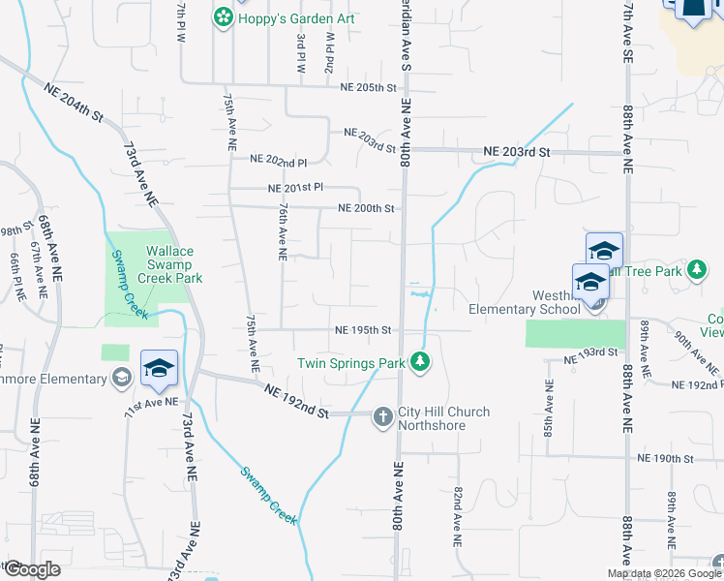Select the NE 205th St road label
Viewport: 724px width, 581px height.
click(x=369, y=87)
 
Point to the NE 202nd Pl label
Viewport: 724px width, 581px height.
click(x=278, y=159)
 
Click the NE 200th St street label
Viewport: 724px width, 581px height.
click(x=366, y=208)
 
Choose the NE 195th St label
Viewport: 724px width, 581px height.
click(x=363, y=330)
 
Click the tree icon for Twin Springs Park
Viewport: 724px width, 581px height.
click(x=419, y=362)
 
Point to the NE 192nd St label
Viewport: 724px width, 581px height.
click(x=296, y=400)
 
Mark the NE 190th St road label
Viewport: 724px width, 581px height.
click(x=665, y=457)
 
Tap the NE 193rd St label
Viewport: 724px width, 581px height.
click(x=591, y=351)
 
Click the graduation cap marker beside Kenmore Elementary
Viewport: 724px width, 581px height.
click(x=159, y=368)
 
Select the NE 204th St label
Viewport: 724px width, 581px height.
click(x=74, y=102)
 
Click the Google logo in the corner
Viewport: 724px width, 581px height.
click(x=31, y=569)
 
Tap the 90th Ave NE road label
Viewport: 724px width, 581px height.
click(x=696, y=351)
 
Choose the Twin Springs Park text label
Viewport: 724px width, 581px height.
click(x=351, y=363)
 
